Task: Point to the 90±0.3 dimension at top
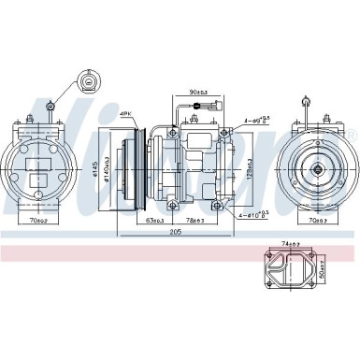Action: point(197,92)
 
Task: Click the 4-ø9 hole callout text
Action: point(258,119)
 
